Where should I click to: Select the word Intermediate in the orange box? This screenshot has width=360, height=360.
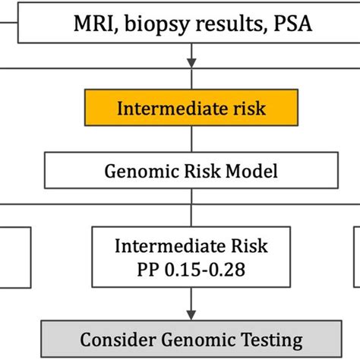pyautogui.click(x=163, y=108)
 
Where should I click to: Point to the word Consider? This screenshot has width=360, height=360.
pyautogui.click(x=117, y=339)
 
